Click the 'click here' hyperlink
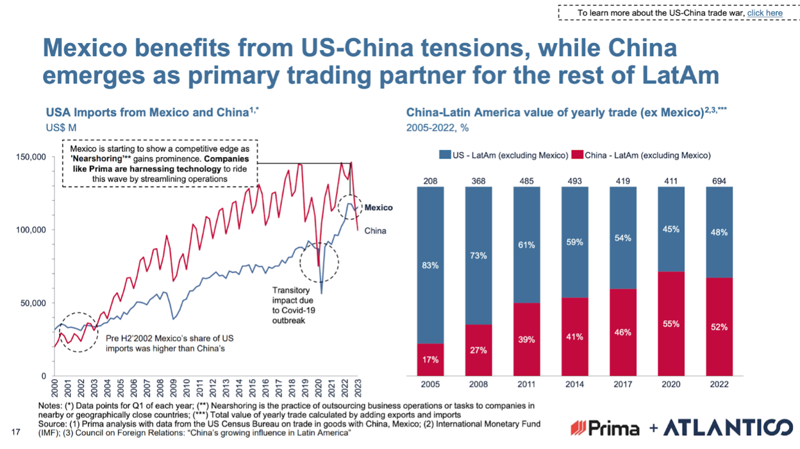click(x=765, y=13)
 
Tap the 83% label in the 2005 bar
click(x=430, y=265)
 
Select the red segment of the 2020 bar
click(x=671, y=324)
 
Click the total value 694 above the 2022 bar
click(x=719, y=181)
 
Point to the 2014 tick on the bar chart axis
click(x=575, y=384)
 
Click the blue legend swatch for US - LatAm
click(x=445, y=154)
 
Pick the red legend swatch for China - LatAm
click(x=577, y=154)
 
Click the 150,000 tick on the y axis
click(x=31, y=157)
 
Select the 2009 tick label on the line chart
click(x=173, y=388)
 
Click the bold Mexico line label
click(x=378, y=207)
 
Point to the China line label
click(x=375, y=230)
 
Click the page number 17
click(x=16, y=432)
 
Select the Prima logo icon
click(x=578, y=428)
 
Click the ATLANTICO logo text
click(x=728, y=428)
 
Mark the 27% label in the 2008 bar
click(x=478, y=350)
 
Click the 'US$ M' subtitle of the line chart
click(x=61, y=127)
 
